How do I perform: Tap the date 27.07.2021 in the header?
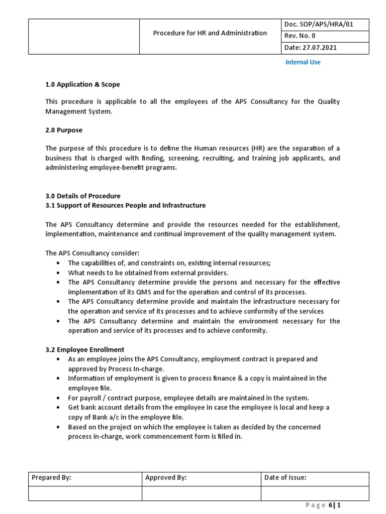click(311, 48)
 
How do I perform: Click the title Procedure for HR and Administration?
click(210, 33)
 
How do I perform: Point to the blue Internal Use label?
click(303, 62)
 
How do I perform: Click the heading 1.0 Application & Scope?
click(82, 84)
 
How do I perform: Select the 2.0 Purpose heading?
click(64, 130)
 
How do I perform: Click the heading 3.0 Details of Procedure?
click(83, 196)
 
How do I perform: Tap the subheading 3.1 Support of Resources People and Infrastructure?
click(125, 205)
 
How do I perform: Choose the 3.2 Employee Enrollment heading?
click(85, 349)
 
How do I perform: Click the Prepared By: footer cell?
click(51, 478)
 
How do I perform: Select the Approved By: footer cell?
click(166, 478)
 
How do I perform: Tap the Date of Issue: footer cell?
click(285, 478)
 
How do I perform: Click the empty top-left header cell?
click(83, 36)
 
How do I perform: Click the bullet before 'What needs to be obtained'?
click(59, 273)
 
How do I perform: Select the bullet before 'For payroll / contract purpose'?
click(59, 398)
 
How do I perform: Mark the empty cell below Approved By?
click(201, 493)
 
